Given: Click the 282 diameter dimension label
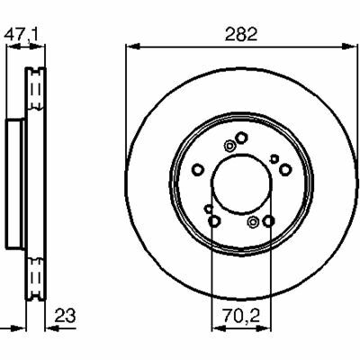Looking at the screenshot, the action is click(x=241, y=34).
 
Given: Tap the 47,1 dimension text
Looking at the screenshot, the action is click(x=21, y=35).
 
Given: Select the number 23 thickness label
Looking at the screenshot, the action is click(x=65, y=316).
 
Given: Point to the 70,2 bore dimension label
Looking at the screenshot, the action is click(x=241, y=316).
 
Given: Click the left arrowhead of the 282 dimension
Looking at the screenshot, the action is click(x=133, y=47).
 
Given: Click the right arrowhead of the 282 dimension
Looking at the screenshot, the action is click(x=350, y=47).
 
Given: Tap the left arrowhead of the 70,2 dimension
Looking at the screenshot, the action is click(x=219, y=328).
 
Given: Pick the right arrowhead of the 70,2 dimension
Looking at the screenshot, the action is click(x=264, y=328).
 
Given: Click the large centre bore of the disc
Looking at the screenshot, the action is click(x=241, y=184).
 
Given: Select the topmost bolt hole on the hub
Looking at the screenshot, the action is click(x=241, y=138).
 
